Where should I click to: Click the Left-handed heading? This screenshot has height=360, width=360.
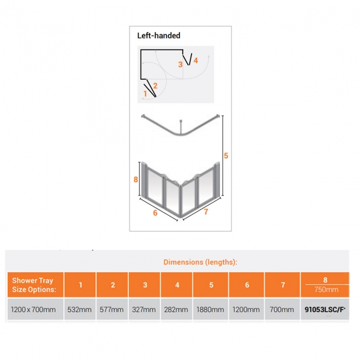pyautogui.click(x=158, y=35)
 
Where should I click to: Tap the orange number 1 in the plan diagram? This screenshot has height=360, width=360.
pyautogui.click(x=145, y=94)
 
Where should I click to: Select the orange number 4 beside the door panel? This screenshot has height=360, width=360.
pyautogui.click(x=196, y=60)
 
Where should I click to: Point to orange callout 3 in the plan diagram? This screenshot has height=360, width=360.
pyautogui.click(x=181, y=64)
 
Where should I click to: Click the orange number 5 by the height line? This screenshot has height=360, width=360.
pyautogui.click(x=226, y=156)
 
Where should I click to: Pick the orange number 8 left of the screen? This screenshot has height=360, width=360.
pyautogui.click(x=136, y=179)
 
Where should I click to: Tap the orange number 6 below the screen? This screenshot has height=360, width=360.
pyautogui.click(x=155, y=213)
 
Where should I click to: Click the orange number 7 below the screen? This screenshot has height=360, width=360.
pyautogui.click(x=206, y=212)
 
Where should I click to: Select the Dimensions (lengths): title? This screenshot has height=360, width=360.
pyautogui.click(x=200, y=262)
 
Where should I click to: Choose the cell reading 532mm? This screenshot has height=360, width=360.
pyautogui.click(x=79, y=310)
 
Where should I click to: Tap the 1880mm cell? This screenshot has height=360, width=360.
pyautogui.click(x=210, y=310)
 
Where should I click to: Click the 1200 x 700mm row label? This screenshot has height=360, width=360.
pyautogui.click(x=33, y=310)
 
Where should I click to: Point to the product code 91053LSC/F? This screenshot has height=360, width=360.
pyautogui.click(x=325, y=310)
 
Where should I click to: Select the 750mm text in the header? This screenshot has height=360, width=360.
pyautogui.click(x=326, y=290)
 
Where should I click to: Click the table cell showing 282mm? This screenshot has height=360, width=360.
pyautogui.click(x=176, y=310)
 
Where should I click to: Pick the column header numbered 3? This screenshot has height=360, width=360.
pyautogui.click(x=145, y=285)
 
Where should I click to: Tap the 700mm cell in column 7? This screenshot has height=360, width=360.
pyautogui.click(x=282, y=310)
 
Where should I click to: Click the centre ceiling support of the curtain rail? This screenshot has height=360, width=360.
pyautogui.click(x=181, y=127)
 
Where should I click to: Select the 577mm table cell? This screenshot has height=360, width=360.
pyautogui.click(x=111, y=310)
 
